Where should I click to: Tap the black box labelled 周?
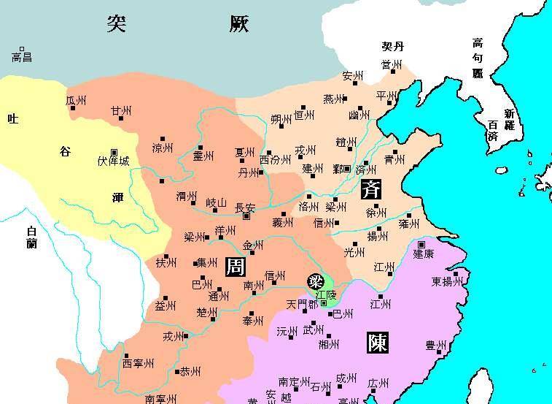coord(235,267)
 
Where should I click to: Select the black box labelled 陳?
coord(377,342)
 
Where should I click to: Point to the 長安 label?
coord(246,208)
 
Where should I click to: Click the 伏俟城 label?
coord(113,161)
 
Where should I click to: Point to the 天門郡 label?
coord(301,303)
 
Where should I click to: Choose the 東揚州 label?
coord(446,281)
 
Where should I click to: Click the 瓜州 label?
coord(76,100)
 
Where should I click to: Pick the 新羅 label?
coord(509,119)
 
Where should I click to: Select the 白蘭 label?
coord(31,237)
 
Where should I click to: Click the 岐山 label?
coord(217,203)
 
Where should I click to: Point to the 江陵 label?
coord(326,294)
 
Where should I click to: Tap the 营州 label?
coord(392,65)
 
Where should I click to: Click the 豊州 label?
coord(436,345)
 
